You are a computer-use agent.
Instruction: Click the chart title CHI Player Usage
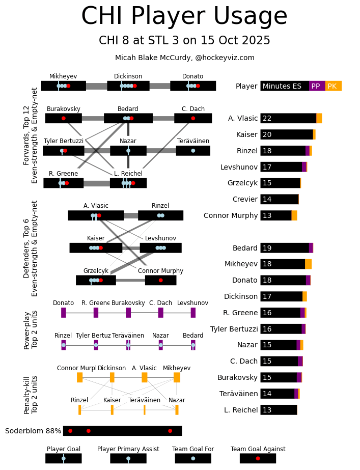click(184, 16)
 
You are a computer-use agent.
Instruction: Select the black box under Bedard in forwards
click(128, 118)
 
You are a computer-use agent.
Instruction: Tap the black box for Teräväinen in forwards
click(193, 151)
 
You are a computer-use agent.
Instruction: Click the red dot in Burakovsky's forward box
click(63, 118)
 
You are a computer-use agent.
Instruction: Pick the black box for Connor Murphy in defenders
click(160, 280)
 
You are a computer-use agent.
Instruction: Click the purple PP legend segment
click(317, 86)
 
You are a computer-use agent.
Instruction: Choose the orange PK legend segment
click(333, 86)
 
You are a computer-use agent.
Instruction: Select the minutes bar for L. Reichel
click(279, 410)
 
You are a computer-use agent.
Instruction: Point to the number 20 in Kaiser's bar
click(267, 134)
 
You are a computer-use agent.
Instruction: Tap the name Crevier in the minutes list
click(245, 199)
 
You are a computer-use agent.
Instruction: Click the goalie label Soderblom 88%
click(33, 431)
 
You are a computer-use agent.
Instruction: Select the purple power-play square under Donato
click(64, 313)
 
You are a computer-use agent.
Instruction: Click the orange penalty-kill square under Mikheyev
click(177, 377)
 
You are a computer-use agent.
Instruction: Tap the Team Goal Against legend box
click(258, 458)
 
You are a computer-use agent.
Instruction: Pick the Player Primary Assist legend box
click(128, 458)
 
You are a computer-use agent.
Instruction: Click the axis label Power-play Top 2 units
click(31, 329)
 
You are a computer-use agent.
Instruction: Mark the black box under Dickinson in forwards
click(128, 86)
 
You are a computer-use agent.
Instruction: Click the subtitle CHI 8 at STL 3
click(184, 41)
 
